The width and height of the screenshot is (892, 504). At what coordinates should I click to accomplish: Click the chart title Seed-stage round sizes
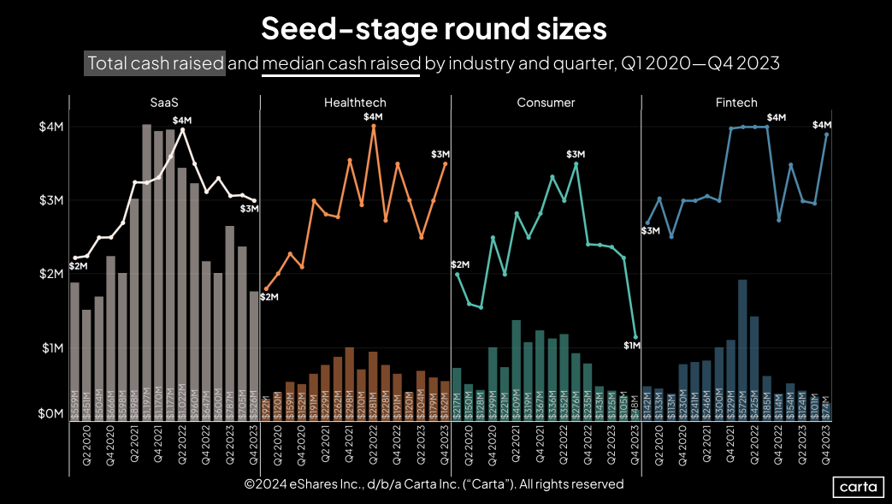434,28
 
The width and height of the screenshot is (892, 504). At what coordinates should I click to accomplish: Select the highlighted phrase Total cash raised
155,63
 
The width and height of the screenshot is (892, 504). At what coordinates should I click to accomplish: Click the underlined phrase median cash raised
341,63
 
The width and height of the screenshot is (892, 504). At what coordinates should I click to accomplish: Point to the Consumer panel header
546,103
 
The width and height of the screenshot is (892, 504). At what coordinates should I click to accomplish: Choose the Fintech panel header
736,103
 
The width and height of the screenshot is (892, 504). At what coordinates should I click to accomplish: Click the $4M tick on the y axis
45,127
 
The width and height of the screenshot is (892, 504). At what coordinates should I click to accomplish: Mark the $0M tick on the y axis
45,413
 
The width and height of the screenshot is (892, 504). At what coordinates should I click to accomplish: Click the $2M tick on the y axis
45,274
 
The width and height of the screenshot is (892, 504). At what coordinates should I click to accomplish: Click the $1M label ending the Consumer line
632,346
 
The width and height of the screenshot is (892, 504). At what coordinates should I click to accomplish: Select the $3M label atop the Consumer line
576,153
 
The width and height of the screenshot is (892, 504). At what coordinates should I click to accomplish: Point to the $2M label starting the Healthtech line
269,297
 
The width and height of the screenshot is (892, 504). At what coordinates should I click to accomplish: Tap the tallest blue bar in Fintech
742,349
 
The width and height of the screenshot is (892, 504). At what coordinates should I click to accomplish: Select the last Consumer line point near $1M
635,337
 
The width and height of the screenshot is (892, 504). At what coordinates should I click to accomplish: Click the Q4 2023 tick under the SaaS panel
254,450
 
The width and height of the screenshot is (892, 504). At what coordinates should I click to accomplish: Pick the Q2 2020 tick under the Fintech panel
659,450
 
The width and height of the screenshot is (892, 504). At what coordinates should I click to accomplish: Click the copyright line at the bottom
434,484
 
